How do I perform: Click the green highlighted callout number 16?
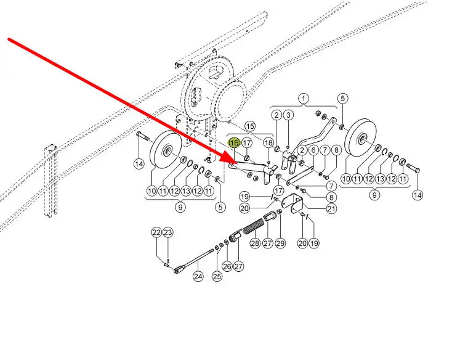tap(233, 143)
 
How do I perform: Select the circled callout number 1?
tap(304, 99)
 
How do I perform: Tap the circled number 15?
tap(250, 126)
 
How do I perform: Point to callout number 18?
tap(268, 143)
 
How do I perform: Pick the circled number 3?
tap(288, 115)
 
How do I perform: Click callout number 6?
tap(313, 150)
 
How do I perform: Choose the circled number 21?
tap(331, 209)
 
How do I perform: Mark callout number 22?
tap(156, 232)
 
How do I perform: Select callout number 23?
tap(168, 232)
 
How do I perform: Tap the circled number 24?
tap(198, 276)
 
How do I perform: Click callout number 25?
tap(217, 277)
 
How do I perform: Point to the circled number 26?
tap(227, 267)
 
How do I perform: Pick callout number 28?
tap(255, 243)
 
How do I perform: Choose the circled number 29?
tap(281, 243)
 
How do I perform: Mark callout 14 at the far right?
tap(418, 195)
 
